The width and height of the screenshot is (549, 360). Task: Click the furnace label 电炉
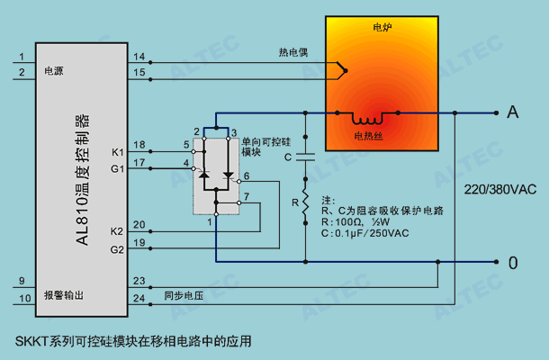coord(382,27)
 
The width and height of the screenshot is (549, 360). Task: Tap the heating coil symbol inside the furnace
coord(367,119)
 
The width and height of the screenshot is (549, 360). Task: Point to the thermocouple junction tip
coord(346,71)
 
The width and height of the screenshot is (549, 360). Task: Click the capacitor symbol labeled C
coord(305,157)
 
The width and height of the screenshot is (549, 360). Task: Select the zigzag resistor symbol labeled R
coord(305,202)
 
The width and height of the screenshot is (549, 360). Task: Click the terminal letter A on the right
coord(513,112)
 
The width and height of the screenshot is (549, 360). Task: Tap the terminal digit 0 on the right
coord(513,263)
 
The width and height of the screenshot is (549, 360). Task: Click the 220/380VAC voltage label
coord(500,190)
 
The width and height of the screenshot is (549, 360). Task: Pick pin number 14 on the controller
coord(139,57)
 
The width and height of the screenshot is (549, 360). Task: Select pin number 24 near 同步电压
coord(139,299)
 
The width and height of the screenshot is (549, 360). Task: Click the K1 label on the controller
coord(118,152)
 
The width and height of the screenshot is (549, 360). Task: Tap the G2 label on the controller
coord(117,249)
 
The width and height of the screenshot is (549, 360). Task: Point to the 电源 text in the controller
coord(54,71)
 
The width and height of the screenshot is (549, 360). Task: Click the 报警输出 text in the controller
coord(64,295)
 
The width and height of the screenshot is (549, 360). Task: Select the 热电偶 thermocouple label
coord(293,52)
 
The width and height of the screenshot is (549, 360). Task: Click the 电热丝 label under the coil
coord(368,136)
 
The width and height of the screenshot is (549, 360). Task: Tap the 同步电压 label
coord(184,296)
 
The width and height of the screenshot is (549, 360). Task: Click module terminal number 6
coord(247,175)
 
